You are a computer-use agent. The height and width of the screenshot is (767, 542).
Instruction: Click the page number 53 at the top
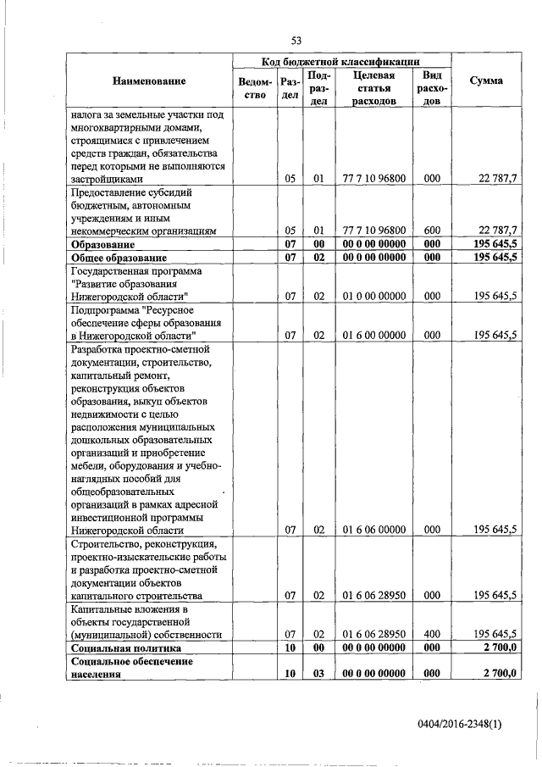[296, 40]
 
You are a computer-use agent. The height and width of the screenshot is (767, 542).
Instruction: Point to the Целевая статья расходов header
[373, 88]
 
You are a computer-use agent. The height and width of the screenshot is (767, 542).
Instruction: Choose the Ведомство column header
[256, 89]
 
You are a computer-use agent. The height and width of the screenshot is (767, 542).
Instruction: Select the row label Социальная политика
[126, 648]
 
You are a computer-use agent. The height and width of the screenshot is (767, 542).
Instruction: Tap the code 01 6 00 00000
[373, 335]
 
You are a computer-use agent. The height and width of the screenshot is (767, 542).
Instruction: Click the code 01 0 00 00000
[373, 296]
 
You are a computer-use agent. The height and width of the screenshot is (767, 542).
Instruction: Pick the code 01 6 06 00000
[373, 530]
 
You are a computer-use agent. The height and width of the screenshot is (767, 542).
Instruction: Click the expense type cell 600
[432, 231]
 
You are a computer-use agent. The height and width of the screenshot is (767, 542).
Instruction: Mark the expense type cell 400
[432, 634]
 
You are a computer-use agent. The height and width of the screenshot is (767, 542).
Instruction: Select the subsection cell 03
[318, 673]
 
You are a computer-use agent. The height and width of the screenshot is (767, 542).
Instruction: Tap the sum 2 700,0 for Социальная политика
[500, 648]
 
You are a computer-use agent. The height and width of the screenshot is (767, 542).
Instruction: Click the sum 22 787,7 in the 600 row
[498, 231]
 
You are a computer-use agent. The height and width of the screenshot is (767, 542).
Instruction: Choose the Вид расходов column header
[432, 88]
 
